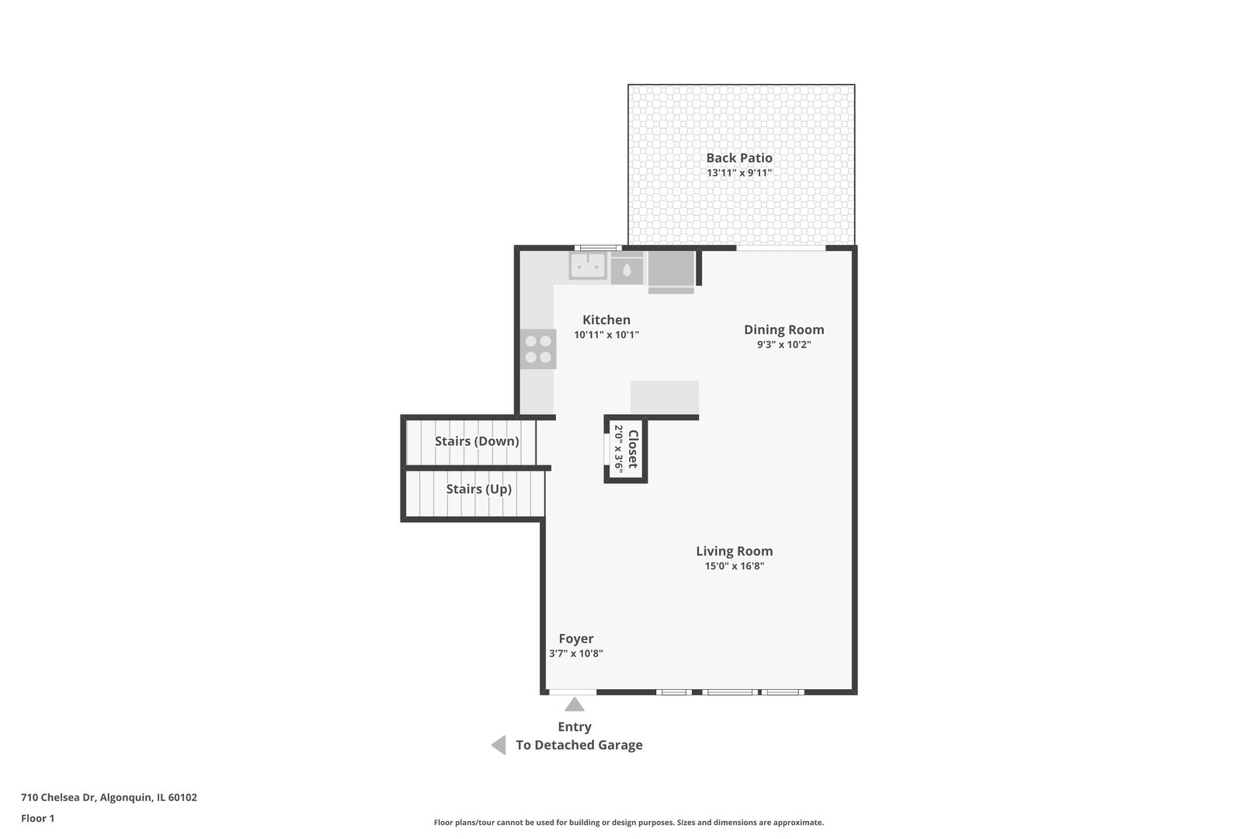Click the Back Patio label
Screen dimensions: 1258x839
tap(739, 158)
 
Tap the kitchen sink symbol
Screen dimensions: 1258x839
tap(587, 265)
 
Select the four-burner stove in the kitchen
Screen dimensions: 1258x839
tap(538, 349)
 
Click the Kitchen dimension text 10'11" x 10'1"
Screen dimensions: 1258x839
tap(606, 335)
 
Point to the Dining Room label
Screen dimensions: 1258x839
tap(784, 330)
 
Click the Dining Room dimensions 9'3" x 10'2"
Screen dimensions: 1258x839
tap(784, 344)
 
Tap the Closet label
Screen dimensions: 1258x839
tap(633, 449)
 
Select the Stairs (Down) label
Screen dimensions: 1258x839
tap(477, 441)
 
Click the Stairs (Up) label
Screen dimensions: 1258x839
tap(479, 489)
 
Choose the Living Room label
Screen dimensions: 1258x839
tap(735, 552)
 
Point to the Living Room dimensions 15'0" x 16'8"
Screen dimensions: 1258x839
tap(735, 566)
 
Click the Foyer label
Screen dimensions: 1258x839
tap(576, 639)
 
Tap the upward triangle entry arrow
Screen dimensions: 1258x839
tap(575, 705)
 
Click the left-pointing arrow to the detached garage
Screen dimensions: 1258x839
tap(499, 745)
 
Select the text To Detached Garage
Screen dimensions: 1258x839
tap(579, 745)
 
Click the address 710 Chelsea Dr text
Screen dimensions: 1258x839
tap(58, 797)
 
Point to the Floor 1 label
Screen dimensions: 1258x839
tap(37, 819)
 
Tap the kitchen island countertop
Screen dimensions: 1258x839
tap(665, 398)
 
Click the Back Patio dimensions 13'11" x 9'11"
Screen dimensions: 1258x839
tap(739, 172)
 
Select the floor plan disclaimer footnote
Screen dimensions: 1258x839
tap(629, 823)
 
